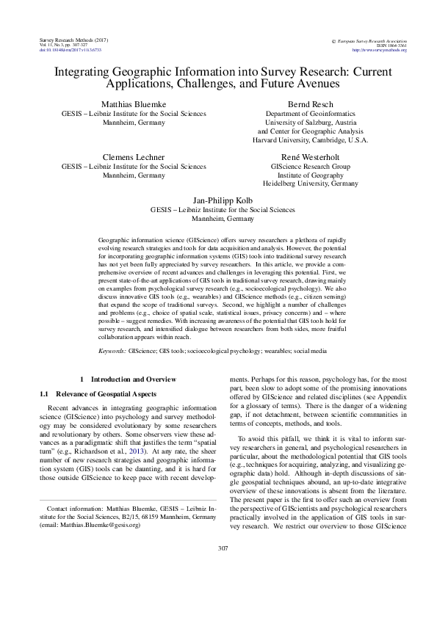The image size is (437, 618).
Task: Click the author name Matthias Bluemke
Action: coord(123,105)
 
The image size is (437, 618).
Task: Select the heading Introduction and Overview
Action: coord(133,379)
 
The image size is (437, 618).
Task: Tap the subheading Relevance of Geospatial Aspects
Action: coord(104,394)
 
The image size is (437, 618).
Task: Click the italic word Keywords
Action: coord(112,352)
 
